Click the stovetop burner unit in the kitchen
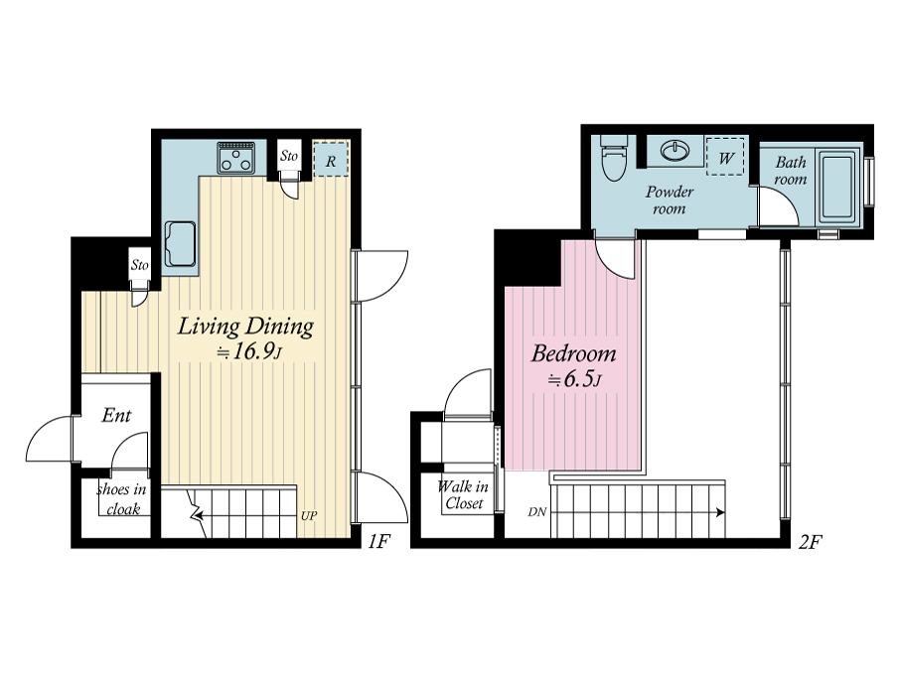coord(236,158)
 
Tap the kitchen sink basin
coord(180,244)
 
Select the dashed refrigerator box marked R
coord(331,159)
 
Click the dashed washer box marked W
coord(725,156)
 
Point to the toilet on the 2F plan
coord(614,158)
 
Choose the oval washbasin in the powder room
coord(675,152)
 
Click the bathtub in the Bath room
coord(838,187)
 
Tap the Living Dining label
coord(245,327)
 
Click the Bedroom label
coord(573,353)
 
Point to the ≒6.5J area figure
coord(574,379)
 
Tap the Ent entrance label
coord(116,415)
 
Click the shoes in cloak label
coord(122,499)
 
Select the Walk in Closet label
coord(463,495)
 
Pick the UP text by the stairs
coord(309,515)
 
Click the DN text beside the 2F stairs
coord(536,512)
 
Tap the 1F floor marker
coord(378,541)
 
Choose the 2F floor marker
coord(810,541)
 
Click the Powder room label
coord(670,200)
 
